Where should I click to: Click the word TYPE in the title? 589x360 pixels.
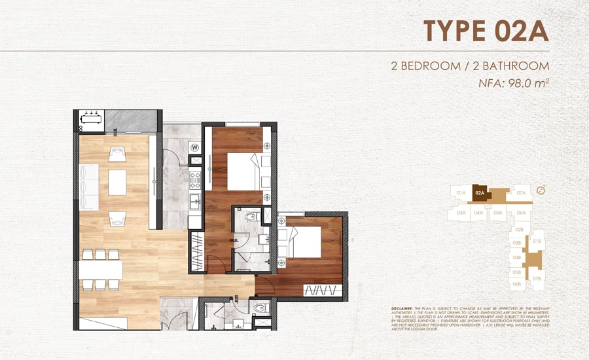tap(451, 31)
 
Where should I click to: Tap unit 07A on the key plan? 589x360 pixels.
tap(521, 193)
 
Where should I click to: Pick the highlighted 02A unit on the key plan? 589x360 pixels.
tap(480, 192)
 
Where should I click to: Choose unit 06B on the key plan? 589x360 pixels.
tap(517, 284)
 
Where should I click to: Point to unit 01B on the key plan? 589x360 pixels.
tap(537, 242)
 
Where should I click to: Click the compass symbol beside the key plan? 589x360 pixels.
tap(541, 190)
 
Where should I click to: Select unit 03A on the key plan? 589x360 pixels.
tap(461, 213)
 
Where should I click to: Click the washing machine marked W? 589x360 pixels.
tap(195, 148)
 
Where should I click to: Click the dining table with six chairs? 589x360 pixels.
tap(101, 270)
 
